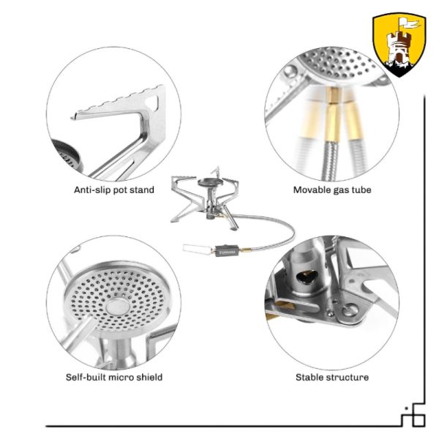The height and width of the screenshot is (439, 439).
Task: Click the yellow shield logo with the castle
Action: click(x=399, y=44)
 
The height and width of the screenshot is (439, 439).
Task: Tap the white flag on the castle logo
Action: click(x=409, y=23)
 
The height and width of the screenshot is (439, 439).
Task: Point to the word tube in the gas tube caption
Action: click(x=361, y=190)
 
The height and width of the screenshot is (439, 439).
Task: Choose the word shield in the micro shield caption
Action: click(x=149, y=377)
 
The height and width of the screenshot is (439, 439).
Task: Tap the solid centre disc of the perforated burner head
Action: click(x=118, y=307)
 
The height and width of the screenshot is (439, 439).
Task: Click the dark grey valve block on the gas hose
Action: click(x=228, y=250)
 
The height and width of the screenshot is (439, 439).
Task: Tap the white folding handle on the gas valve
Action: click(x=197, y=249)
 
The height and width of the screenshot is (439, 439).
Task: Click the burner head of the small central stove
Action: click(x=211, y=183)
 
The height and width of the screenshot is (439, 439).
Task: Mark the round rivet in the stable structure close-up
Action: click(x=350, y=310)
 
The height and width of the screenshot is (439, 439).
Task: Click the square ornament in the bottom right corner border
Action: click(x=419, y=419)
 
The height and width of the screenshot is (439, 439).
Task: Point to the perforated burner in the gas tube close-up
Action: click(x=336, y=65)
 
